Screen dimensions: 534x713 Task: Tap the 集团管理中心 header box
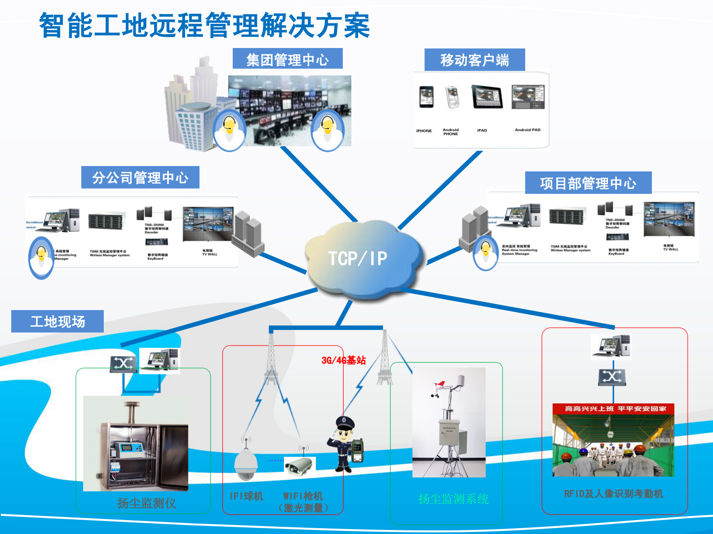tap(288, 59)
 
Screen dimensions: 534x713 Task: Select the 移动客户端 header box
tap(474, 60)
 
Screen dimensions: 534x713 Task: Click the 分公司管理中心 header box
tap(140, 178)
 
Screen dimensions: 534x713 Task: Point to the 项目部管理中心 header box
tap(588, 183)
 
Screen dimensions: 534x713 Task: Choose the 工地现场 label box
tap(58, 321)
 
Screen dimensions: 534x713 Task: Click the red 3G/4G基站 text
tap(344, 360)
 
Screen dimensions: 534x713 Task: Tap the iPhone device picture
tap(426, 97)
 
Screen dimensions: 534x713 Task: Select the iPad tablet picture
tap(486, 96)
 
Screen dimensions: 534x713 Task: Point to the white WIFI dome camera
tap(246, 464)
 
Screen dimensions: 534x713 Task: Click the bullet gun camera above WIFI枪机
tap(299, 466)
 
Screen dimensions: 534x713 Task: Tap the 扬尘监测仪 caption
tap(146, 503)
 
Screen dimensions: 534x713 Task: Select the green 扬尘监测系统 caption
tap(453, 499)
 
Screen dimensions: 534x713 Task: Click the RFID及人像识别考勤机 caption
tap(613, 494)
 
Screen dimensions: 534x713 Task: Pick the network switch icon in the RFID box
tap(612, 377)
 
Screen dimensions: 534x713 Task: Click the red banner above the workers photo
tap(613, 409)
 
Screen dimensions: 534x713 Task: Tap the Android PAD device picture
tap(528, 97)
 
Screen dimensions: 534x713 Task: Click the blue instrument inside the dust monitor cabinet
tap(129, 448)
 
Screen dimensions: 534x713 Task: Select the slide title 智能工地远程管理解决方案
tap(205, 25)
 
